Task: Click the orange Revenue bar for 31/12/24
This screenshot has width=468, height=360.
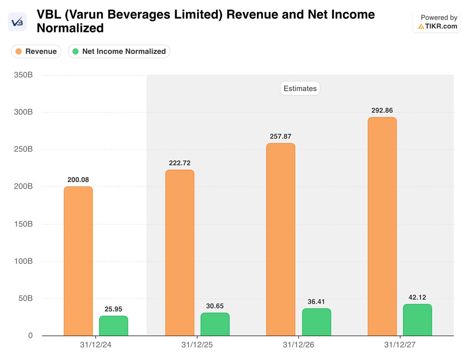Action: point(78,261)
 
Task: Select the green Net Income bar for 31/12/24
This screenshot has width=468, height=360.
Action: point(113,326)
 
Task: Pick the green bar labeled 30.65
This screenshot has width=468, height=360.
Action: point(215,324)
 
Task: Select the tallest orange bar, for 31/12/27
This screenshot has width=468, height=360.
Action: point(382,226)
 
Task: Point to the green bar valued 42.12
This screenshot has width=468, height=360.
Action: point(417,320)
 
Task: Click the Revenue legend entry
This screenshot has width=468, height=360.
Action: point(36,51)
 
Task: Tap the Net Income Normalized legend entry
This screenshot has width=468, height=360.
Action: point(119,51)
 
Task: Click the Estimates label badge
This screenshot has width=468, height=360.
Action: point(300,89)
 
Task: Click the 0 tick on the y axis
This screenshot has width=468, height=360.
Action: point(30,336)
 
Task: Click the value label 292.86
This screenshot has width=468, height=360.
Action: point(382,110)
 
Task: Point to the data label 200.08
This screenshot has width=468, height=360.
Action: point(78,180)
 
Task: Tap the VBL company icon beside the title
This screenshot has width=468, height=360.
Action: point(18,22)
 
